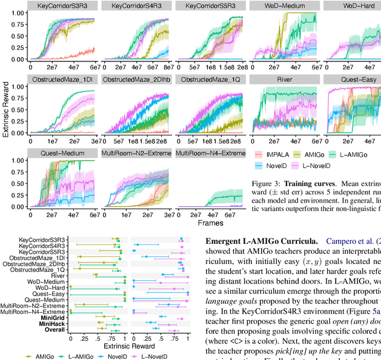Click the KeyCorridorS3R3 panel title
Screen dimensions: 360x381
point(63,6)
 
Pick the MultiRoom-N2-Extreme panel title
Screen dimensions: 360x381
point(137,153)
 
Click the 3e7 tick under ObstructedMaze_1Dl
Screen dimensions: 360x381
point(95,142)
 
